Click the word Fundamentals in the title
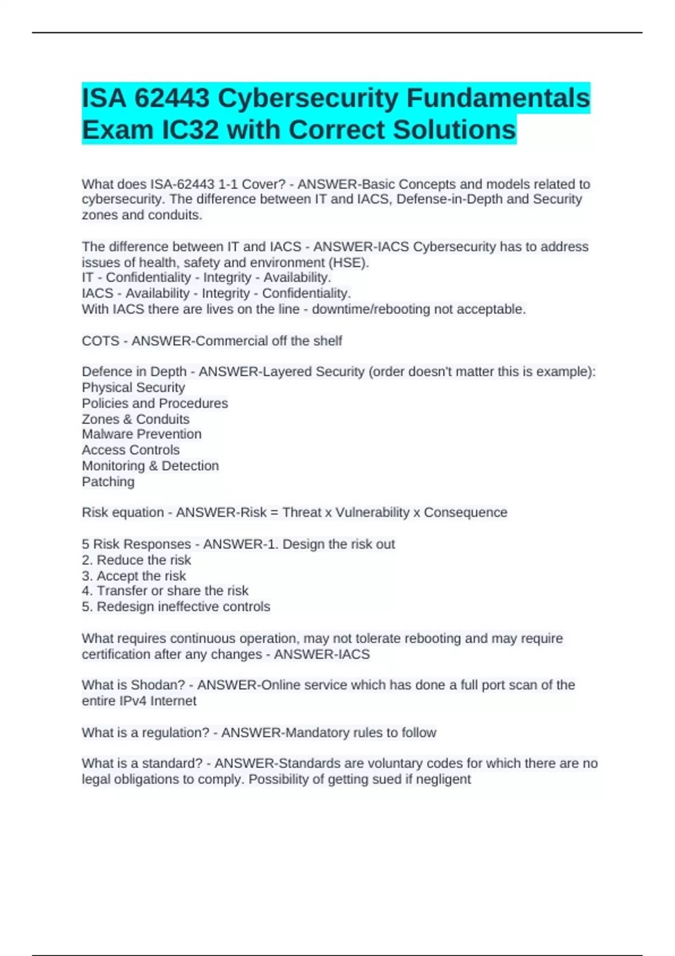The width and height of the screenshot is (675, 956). coord(498,98)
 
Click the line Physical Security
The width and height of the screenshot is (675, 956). coord(133,387)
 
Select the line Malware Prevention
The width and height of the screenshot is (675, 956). coord(142,434)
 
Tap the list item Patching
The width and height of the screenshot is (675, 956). coord(108,481)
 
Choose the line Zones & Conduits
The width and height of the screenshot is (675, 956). coord(136,419)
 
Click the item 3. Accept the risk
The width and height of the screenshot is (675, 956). coord(134,576)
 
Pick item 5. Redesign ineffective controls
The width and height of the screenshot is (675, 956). coord(175,607)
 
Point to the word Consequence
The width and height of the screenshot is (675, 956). coord(465,512)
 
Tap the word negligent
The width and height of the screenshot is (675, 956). coord(443,779)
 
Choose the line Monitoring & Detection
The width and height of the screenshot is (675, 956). coord(150,466)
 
